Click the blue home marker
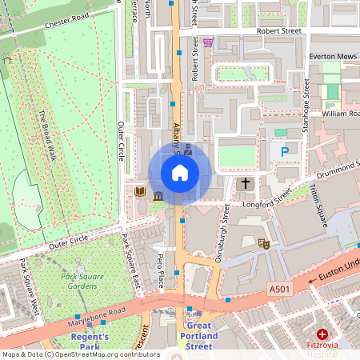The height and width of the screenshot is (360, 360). (180, 173)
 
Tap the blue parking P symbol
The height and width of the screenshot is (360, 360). (280, 150)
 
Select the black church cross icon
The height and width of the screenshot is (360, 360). (246, 184)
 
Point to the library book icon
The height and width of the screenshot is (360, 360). (139, 193)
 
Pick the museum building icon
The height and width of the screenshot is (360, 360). (158, 196)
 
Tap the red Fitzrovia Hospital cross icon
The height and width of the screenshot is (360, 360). (322, 334)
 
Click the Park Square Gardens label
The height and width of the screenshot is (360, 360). (83, 282)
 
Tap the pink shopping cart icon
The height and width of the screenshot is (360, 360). (208, 42)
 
